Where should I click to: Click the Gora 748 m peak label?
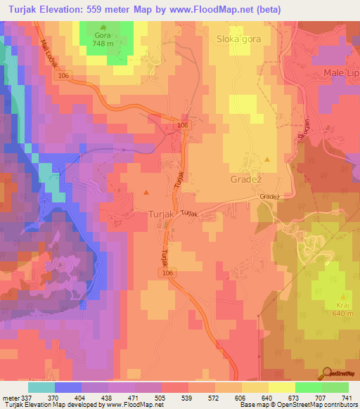point(103,37)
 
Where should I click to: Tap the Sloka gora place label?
point(239,39)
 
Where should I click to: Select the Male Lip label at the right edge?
point(340,73)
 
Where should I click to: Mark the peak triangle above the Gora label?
point(103,27)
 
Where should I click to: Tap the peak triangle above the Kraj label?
point(342,295)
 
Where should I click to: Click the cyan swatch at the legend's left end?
point(41,387)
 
